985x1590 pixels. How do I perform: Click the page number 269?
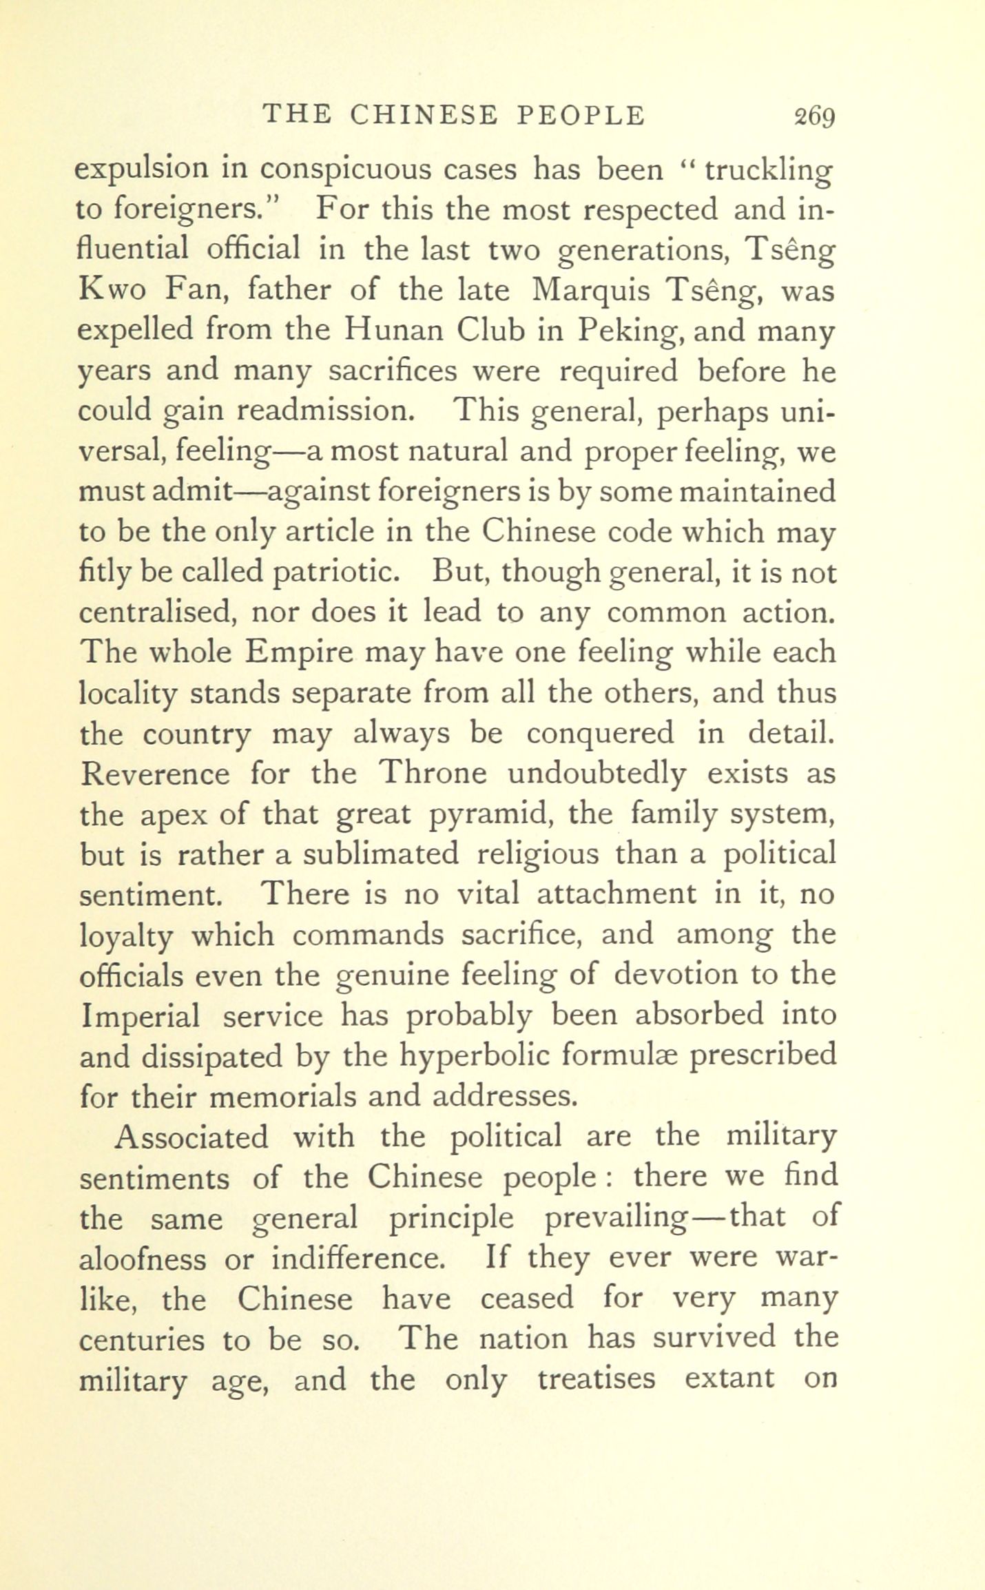813,116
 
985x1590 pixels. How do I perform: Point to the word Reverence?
155,774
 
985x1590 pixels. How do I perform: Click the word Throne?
433,774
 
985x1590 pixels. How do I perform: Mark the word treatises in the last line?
596,1380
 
